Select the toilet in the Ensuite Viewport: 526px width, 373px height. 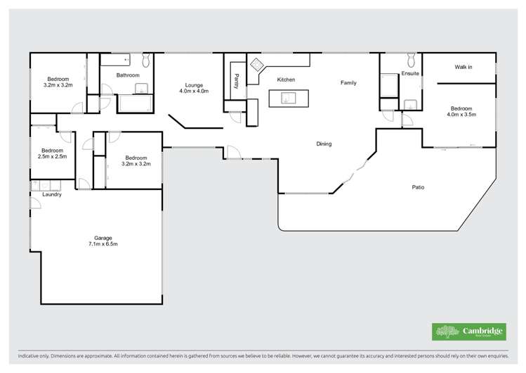tap(411, 60)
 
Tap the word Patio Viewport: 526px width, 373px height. tap(418, 187)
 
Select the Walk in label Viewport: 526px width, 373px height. tap(463, 68)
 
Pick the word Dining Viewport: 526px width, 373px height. tap(324, 144)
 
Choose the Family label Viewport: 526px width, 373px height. tap(348, 83)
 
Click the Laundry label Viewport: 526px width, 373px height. tap(51, 194)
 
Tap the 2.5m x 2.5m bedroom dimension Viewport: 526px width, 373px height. tap(53, 156)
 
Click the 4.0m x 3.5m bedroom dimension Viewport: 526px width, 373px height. tap(461, 114)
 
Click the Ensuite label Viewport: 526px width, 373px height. tap(410, 72)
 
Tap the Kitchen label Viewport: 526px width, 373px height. tap(286, 80)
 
